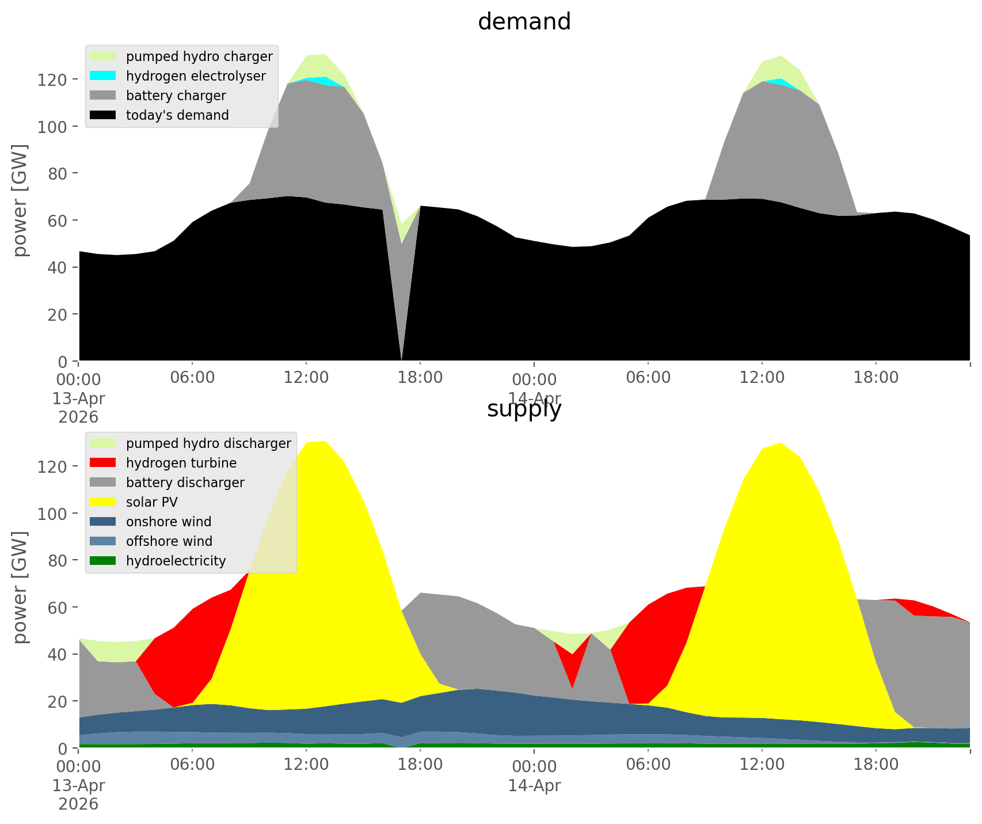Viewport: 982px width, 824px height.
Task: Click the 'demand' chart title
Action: point(524,22)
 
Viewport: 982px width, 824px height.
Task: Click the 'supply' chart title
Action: point(524,409)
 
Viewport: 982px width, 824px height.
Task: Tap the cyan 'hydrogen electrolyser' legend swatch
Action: point(104,76)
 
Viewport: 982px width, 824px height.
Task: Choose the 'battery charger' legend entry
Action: point(176,96)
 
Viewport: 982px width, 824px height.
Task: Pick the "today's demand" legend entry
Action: point(177,115)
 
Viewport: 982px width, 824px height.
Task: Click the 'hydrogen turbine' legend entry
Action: point(181,463)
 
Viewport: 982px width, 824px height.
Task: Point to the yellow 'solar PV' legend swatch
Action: point(104,502)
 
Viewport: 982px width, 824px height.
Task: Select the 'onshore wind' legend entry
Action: point(169,522)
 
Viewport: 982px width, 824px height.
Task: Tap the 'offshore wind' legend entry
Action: point(169,541)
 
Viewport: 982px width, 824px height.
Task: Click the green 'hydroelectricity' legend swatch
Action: point(104,561)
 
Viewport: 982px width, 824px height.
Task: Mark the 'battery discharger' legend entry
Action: point(185,483)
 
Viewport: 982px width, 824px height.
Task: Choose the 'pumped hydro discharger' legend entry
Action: point(208,443)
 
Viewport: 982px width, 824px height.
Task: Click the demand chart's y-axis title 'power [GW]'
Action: point(21,200)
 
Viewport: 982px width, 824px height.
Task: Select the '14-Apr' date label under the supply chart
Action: point(534,785)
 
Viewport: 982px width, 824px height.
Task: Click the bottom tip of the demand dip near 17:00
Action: point(401,360)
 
